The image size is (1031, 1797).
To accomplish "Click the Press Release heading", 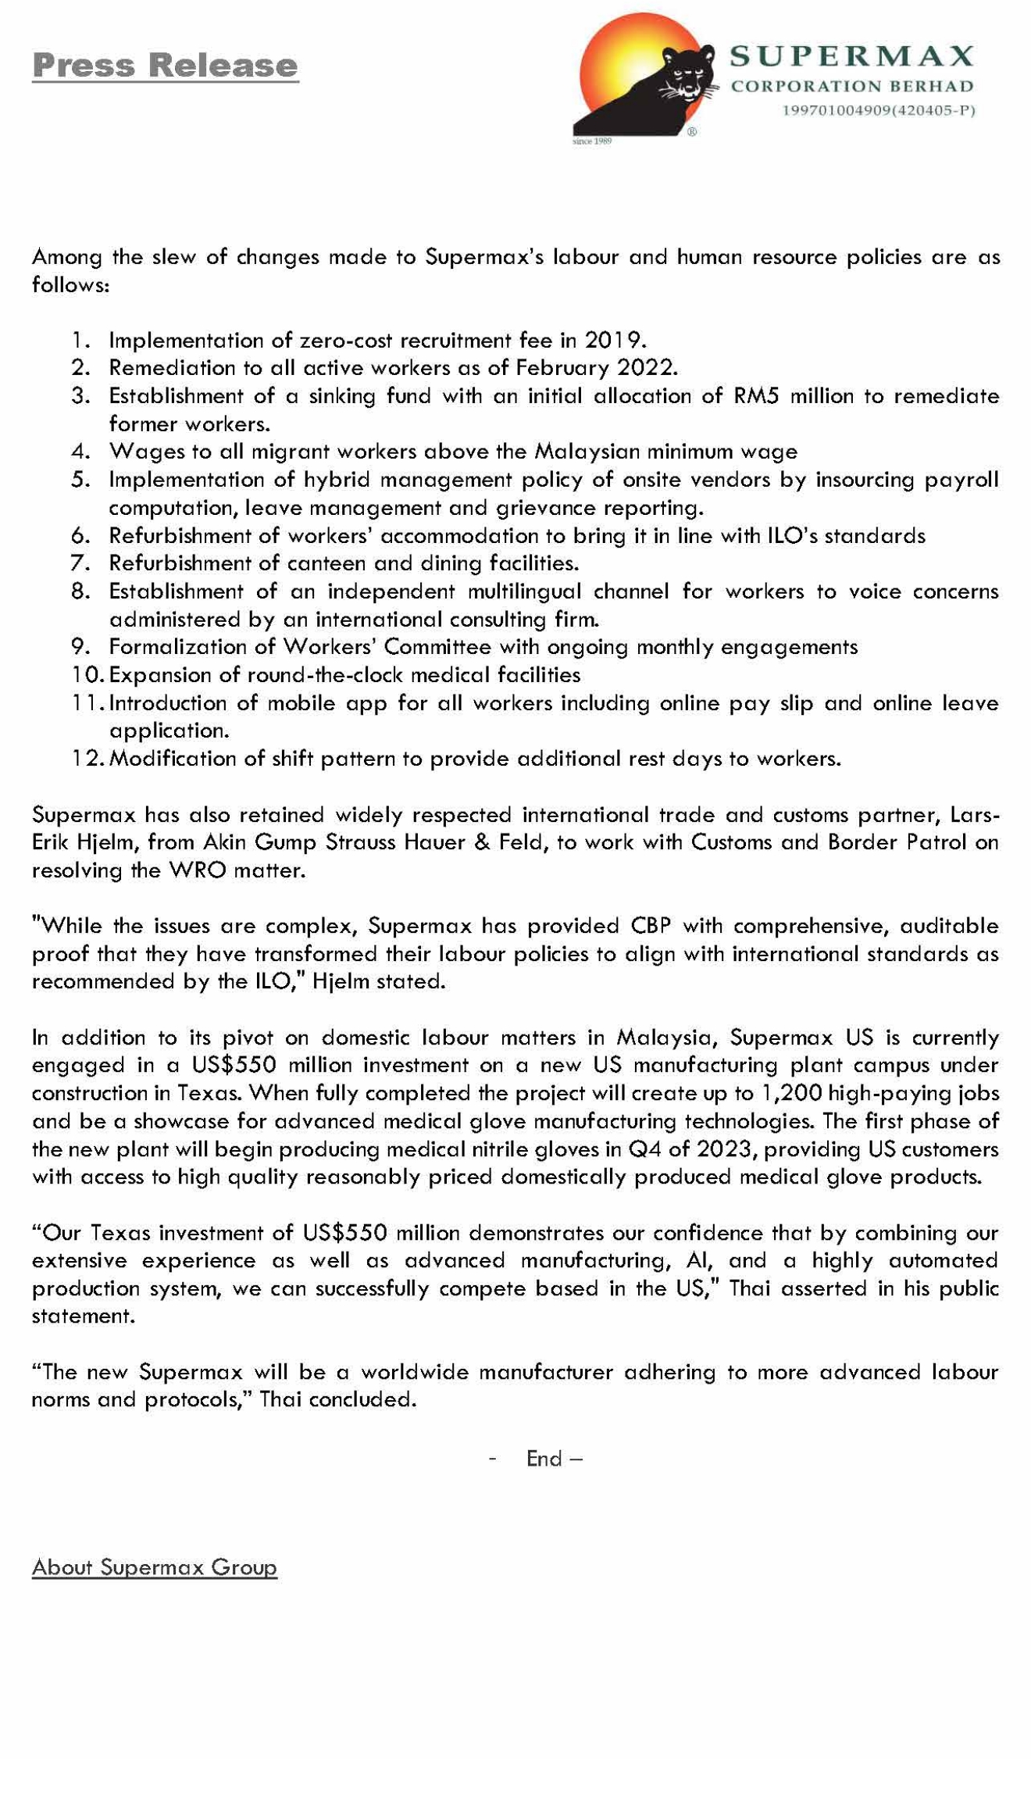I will click(165, 66).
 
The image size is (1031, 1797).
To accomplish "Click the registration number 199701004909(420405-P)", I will click(879, 110).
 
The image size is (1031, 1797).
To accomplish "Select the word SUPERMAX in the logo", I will click(851, 56).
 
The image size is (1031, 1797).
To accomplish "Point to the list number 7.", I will click(81, 563).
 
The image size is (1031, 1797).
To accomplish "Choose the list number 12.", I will click(86, 758).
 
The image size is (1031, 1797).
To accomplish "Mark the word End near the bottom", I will click(544, 1459).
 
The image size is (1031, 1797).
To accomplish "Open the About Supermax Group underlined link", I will click(155, 1567).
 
